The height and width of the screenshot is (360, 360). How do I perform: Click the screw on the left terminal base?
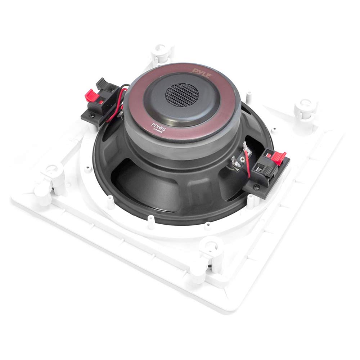pos(91,115)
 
